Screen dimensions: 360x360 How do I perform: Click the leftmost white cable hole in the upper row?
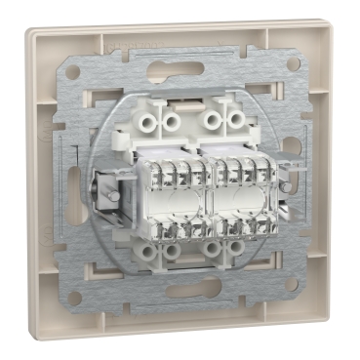tap(148, 122)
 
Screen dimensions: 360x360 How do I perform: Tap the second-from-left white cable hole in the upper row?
tap(172, 122)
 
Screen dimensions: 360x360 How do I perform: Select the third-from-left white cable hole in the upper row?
tap(213, 121)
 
